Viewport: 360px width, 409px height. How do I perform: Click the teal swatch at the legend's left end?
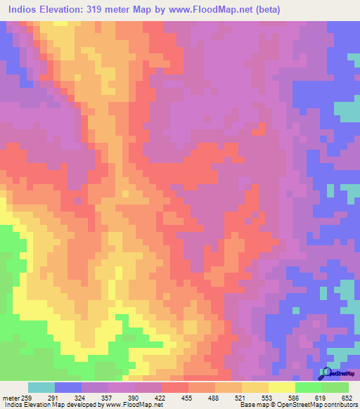click(41, 387)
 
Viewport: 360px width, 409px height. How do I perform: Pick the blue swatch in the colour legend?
click(68, 387)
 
